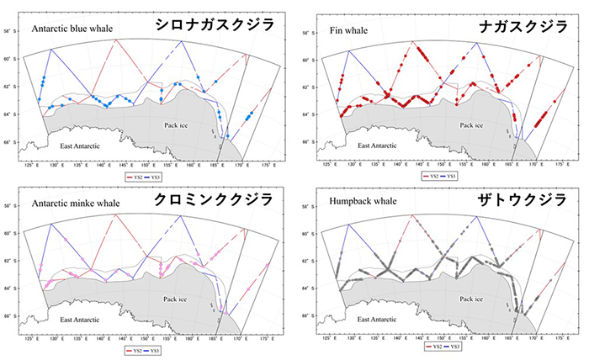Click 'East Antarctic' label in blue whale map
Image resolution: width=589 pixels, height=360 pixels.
[x=82, y=146]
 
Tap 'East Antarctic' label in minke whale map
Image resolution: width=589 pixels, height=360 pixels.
[x=82, y=320]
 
